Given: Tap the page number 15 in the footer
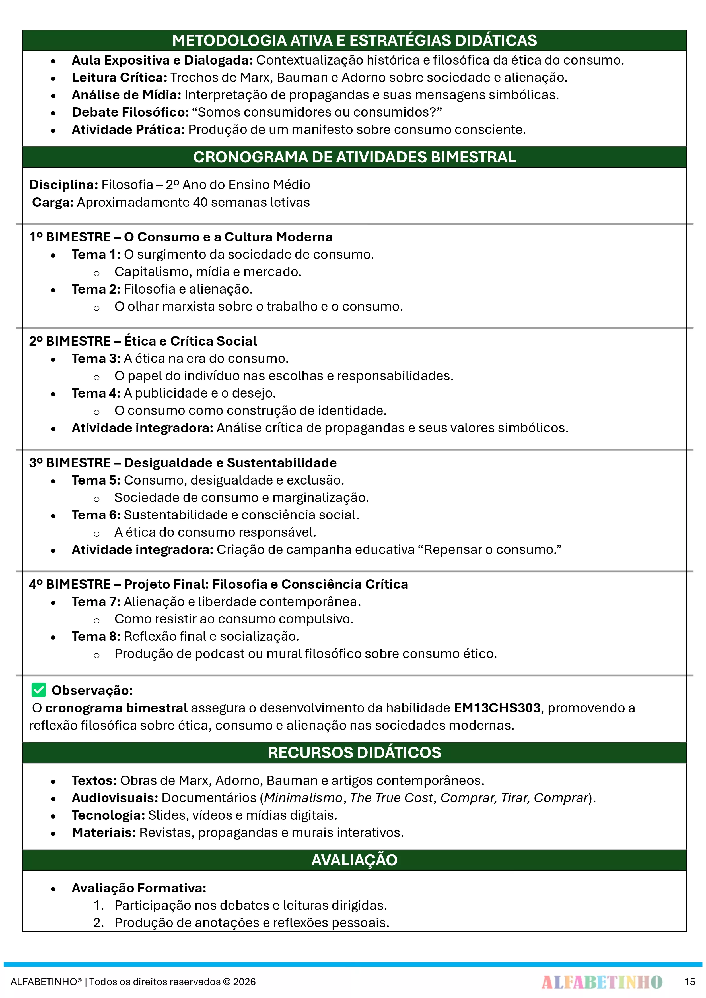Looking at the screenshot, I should pos(689,982).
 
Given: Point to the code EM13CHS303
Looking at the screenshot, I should pos(497,708).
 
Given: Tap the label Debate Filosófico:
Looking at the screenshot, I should pos(130,112).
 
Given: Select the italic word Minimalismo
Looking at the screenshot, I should pos(303,798).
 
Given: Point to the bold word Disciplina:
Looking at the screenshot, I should pos(63,185).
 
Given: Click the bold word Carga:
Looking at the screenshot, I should pos(53,203).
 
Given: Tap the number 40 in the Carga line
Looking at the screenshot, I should pos(200,203).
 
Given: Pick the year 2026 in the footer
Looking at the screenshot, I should pos(244,982).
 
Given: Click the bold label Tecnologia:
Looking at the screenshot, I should pos(108,815).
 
